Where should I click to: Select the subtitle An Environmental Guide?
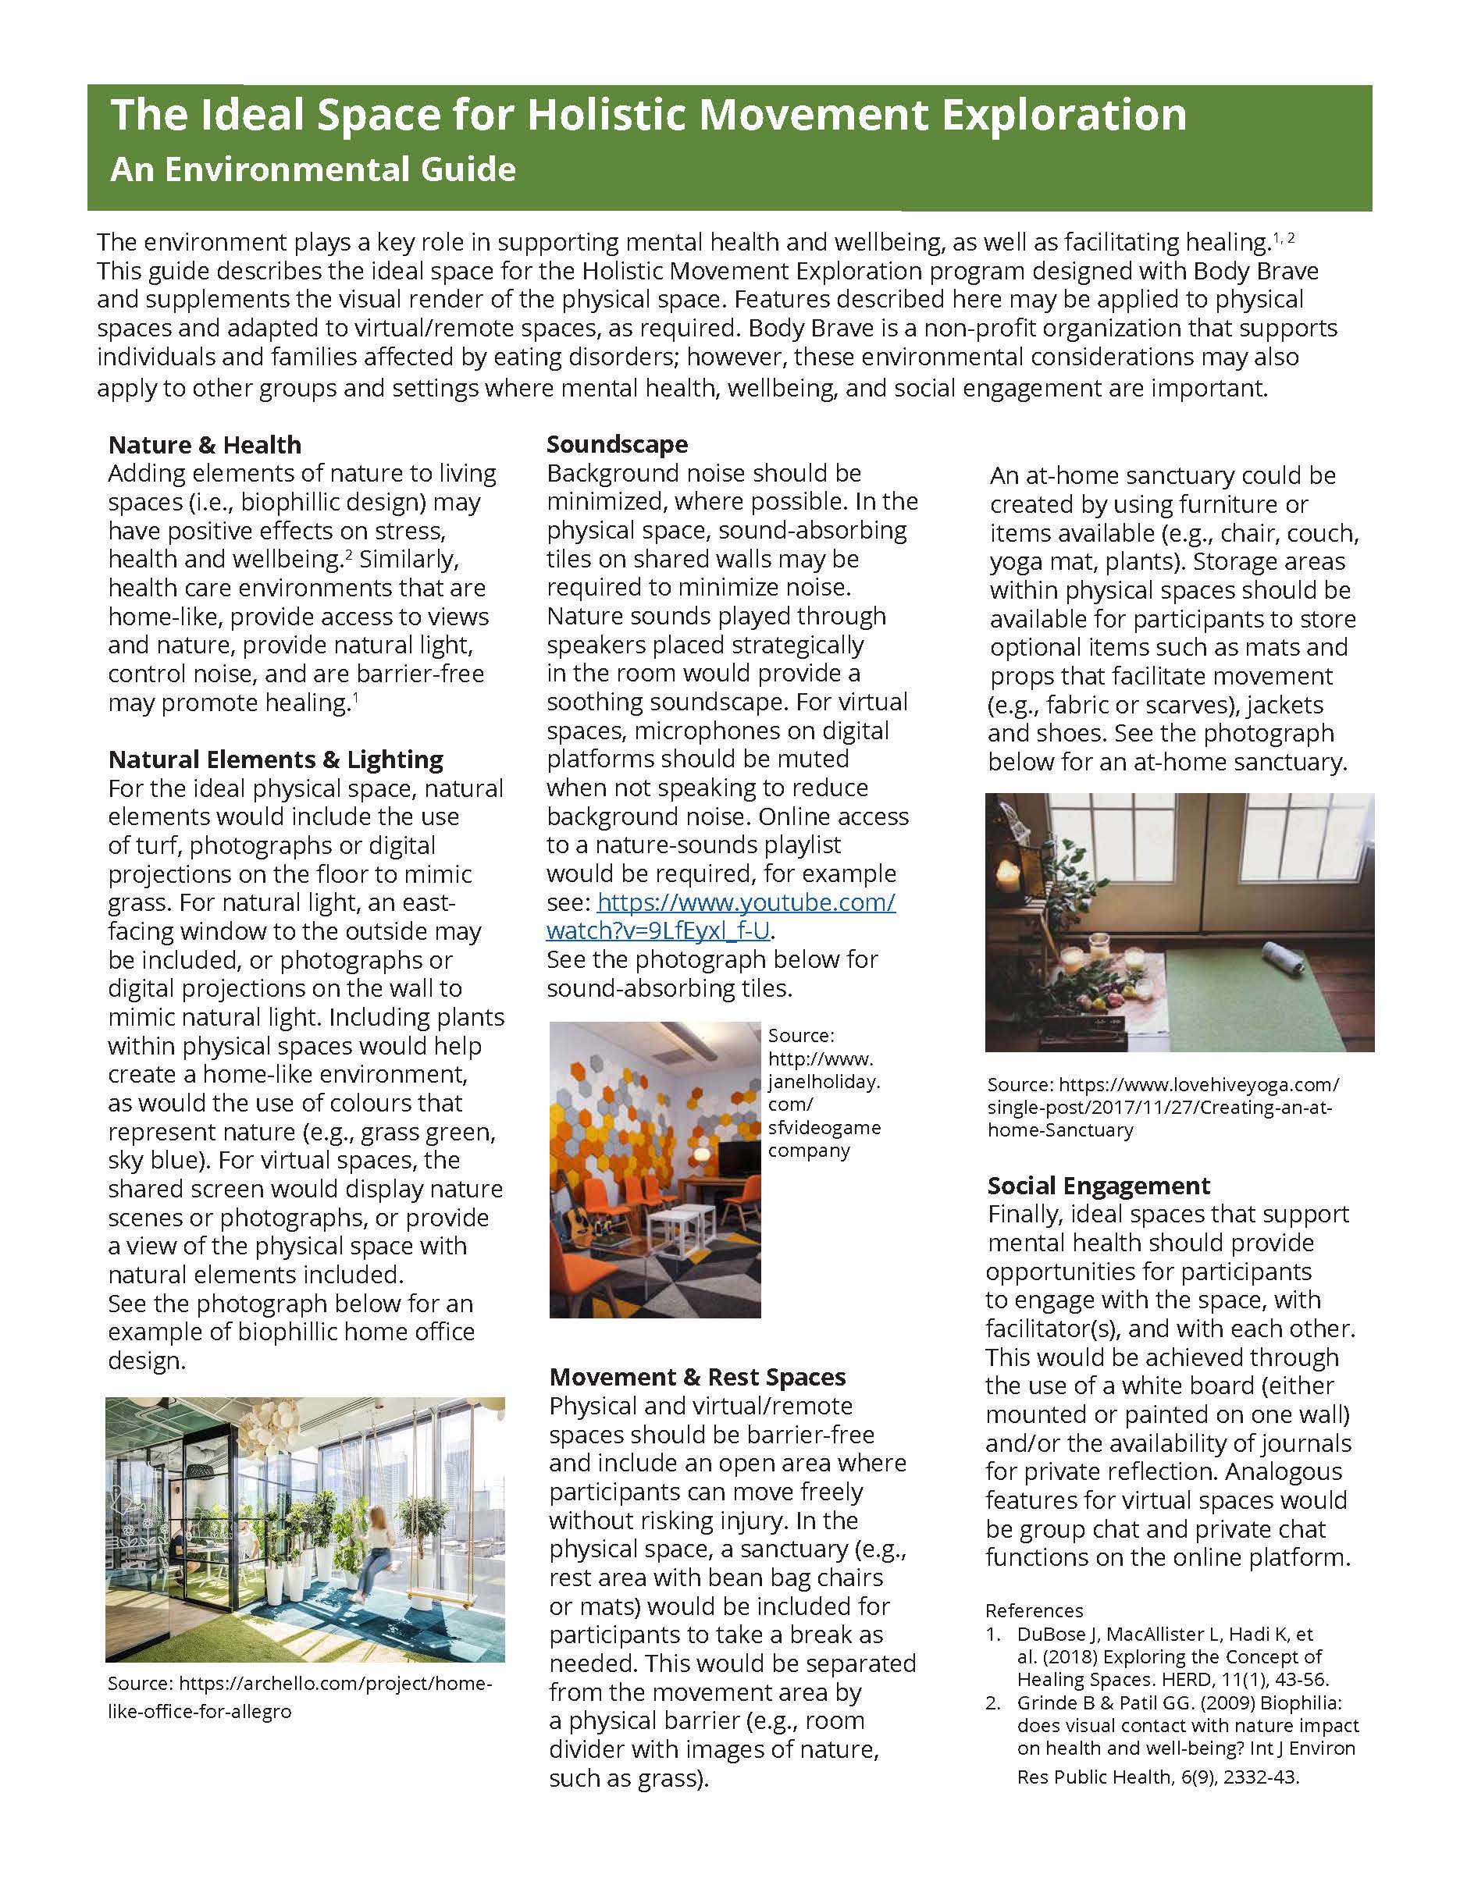[x=312, y=169]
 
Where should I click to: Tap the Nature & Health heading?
[x=205, y=445]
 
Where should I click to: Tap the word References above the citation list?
[x=1034, y=1610]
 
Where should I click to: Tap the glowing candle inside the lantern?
[x=1010, y=874]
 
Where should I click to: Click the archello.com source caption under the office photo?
[x=298, y=1697]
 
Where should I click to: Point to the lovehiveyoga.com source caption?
[x=1163, y=1107]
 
